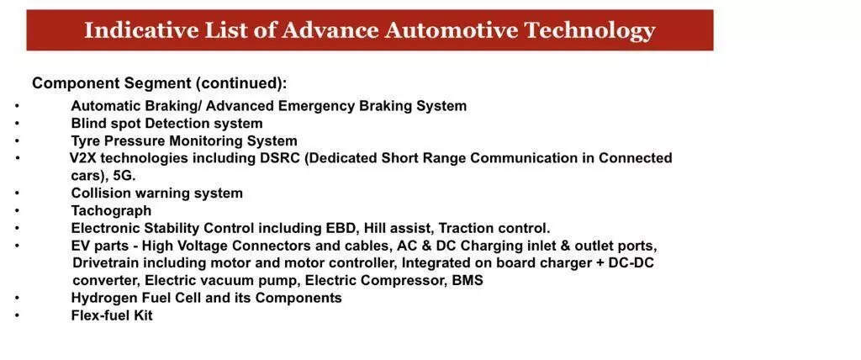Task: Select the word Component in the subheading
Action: pos(76,84)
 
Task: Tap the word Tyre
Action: pos(85,141)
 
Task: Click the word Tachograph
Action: pos(111,211)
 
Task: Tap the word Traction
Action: pos(467,228)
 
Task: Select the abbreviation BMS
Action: pos(467,281)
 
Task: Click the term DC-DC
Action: pos(631,263)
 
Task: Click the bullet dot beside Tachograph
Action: pos(18,211)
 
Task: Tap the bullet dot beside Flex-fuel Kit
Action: pos(18,316)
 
